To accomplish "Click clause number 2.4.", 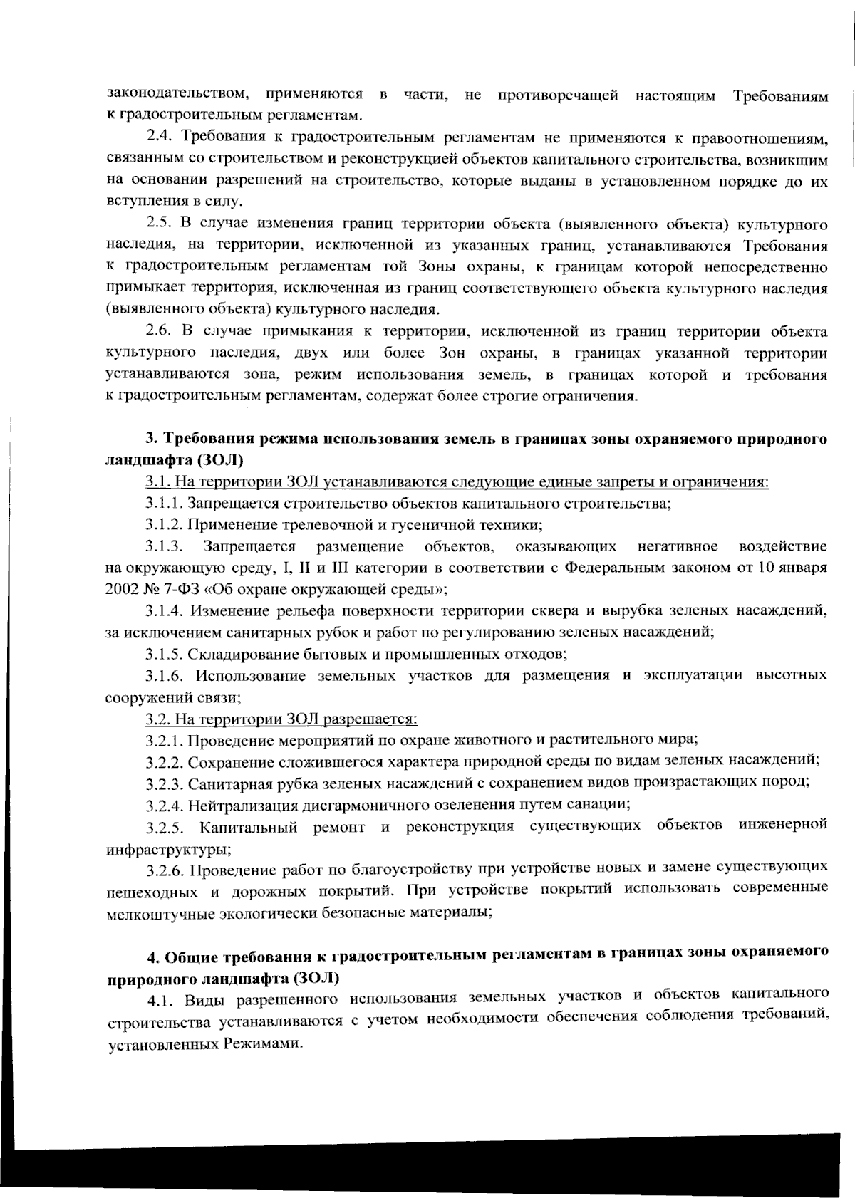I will tap(161, 137).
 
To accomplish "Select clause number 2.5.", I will tap(161, 224).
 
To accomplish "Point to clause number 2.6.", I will tap(161, 332).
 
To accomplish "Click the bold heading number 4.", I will tap(151, 957).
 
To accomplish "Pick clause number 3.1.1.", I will tap(165, 504).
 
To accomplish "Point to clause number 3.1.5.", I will tap(165, 653).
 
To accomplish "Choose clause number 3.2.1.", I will tap(165, 740).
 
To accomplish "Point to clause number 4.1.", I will tap(161, 1000).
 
